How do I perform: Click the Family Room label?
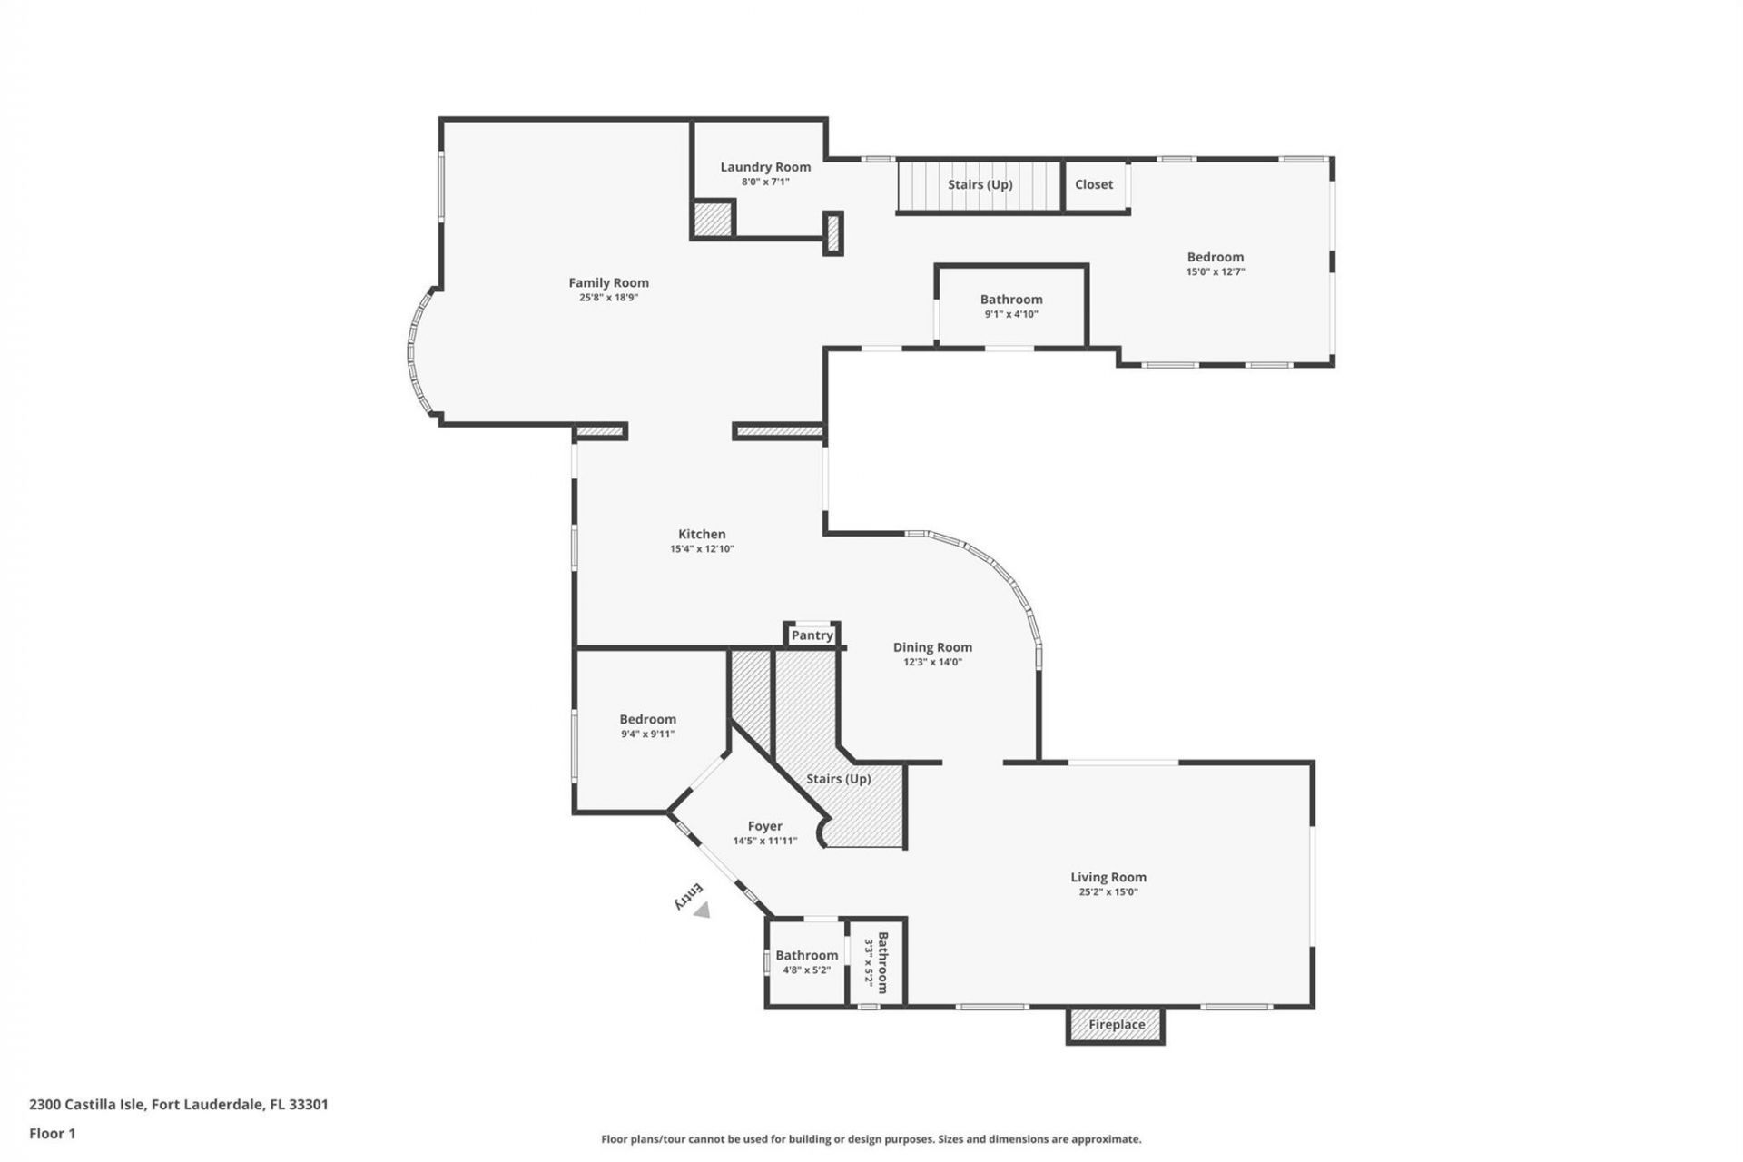click(608, 282)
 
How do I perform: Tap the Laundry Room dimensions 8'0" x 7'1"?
click(765, 182)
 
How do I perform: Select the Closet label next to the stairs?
click(1093, 184)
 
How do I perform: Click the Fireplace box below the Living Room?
click(1116, 1025)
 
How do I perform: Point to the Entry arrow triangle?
click(702, 911)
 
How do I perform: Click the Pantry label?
click(812, 635)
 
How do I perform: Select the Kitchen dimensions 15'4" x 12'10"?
click(702, 549)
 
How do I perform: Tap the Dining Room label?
click(932, 647)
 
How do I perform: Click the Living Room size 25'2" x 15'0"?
click(1108, 892)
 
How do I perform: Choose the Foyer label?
click(764, 826)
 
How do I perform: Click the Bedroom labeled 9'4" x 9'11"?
click(647, 719)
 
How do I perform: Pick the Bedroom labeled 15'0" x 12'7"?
click(1215, 257)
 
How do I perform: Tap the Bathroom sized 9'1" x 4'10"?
click(1010, 300)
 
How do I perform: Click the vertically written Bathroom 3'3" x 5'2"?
click(877, 963)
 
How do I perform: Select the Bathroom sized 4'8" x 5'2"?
click(806, 955)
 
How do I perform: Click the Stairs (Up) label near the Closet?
click(980, 184)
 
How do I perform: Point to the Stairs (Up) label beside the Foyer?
click(838, 779)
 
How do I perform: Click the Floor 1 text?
click(52, 1133)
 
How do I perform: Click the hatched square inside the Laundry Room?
click(713, 219)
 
